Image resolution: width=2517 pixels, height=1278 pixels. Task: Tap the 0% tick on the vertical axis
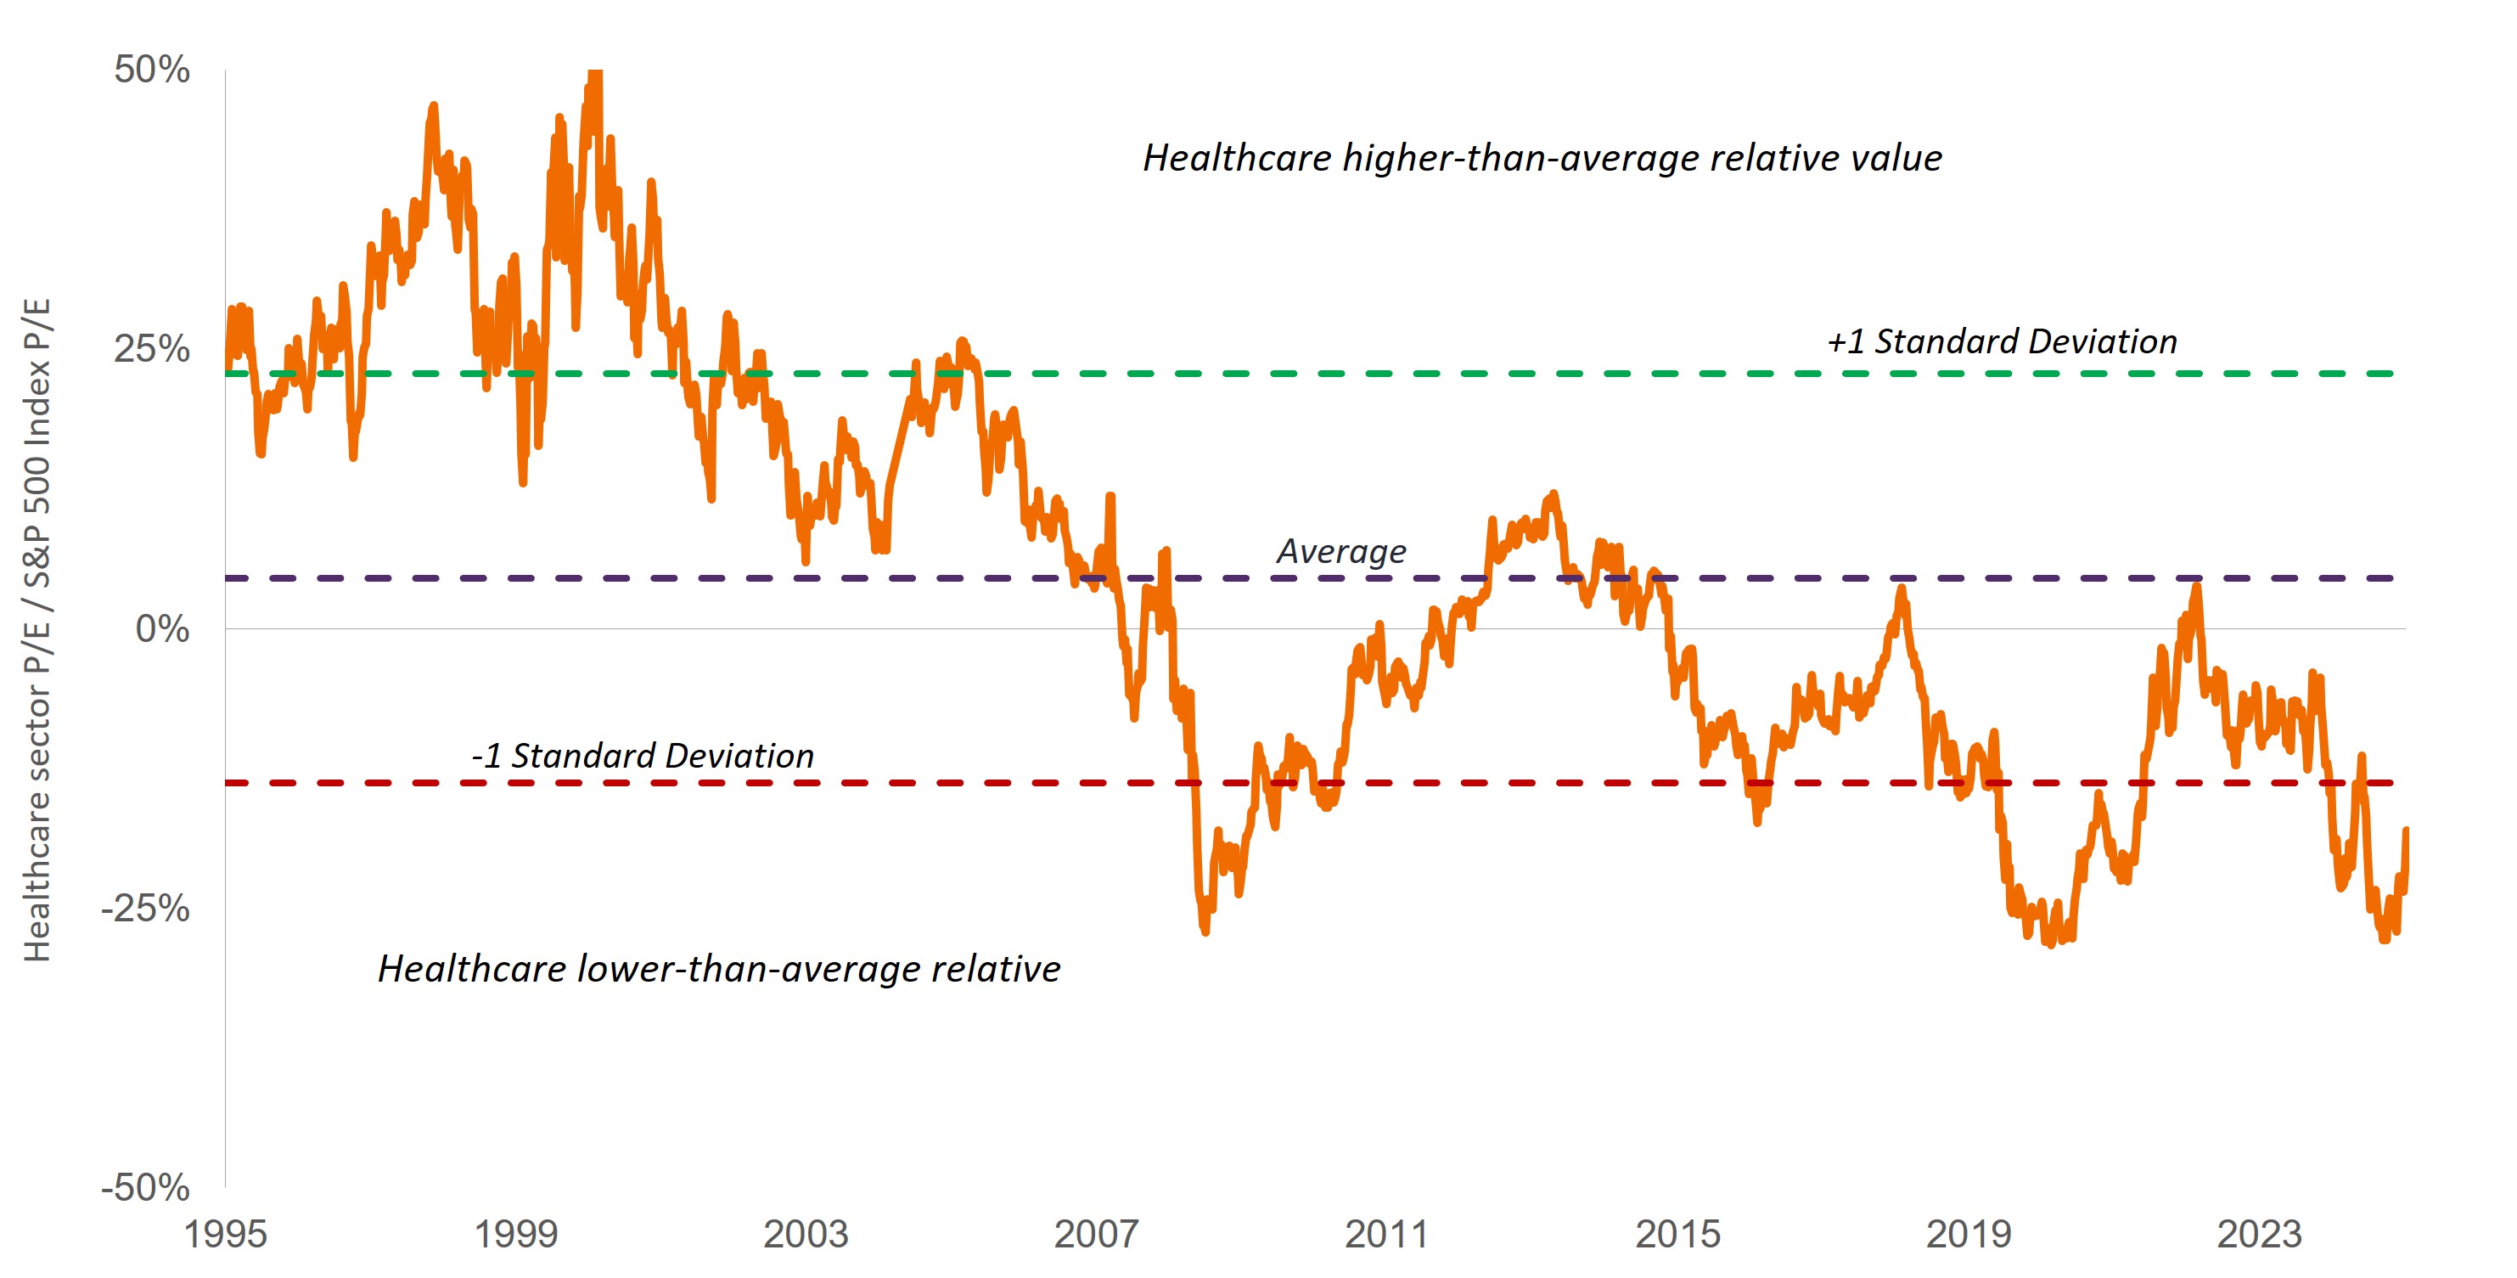162,628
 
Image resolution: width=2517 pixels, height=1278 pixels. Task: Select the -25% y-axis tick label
146,908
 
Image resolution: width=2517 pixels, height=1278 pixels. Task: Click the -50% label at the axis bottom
146,1187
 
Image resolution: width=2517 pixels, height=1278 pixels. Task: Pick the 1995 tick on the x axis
226,1234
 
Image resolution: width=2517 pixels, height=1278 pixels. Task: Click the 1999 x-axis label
516,1234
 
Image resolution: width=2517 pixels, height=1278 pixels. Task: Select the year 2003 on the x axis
806,1234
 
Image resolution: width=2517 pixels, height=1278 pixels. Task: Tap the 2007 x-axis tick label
1096,1234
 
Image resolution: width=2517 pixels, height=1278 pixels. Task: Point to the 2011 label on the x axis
1386,1234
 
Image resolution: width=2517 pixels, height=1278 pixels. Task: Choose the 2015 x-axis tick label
1677,1234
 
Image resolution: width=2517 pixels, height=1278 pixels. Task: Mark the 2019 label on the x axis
1969,1234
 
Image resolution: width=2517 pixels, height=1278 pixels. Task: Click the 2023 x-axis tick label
2259,1234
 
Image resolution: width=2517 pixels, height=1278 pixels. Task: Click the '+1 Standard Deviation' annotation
2002,341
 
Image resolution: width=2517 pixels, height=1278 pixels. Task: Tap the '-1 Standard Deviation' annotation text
642,755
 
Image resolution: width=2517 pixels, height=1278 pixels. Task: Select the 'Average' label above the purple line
1341,551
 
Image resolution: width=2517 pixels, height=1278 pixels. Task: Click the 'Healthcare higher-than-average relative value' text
1542,158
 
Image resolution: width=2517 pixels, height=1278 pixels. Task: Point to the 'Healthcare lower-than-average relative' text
719,968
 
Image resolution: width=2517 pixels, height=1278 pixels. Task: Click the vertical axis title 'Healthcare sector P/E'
37,629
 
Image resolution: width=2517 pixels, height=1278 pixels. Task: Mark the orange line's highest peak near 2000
595,74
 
